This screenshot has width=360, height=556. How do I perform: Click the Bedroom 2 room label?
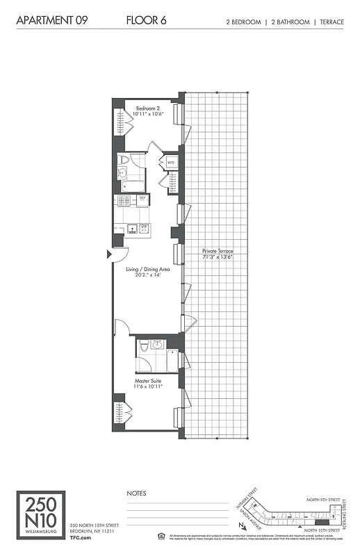pyautogui.click(x=148, y=108)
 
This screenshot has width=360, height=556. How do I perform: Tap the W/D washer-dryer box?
pyautogui.click(x=170, y=163)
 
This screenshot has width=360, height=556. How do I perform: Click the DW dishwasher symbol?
pyautogui.click(x=144, y=227)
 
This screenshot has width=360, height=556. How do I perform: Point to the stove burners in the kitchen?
pyautogui.click(x=124, y=200)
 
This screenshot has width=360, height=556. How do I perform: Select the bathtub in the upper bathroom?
pyautogui.click(x=132, y=186)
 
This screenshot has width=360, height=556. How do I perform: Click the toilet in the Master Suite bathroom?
pyautogui.click(x=143, y=345)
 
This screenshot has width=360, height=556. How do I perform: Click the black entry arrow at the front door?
pyautogui.click(x=109, y=255)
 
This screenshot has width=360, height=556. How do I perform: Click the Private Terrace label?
pyautogui.click(x=218, y=251)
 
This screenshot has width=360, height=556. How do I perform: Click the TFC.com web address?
pyautogui.click(x=81, y=537)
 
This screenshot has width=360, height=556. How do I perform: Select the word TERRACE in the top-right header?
pyautogui.click(x=332, y=22)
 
